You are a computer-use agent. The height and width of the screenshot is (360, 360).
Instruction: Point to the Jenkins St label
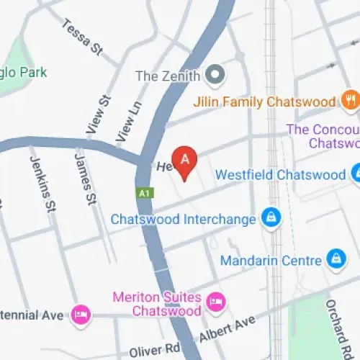41,186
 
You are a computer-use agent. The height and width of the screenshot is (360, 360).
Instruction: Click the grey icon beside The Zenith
215,73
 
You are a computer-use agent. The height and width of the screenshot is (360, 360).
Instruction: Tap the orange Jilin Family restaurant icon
351,101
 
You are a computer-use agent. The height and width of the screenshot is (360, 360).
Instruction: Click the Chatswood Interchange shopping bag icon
271,219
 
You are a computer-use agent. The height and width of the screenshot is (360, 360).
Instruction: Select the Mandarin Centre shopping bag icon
336,258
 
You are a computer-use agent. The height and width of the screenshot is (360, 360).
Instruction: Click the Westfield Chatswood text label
281,175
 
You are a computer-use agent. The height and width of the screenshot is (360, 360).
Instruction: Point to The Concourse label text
323,136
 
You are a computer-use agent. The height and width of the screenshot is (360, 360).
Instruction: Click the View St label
94,114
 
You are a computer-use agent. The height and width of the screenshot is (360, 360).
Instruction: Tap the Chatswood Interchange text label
183,219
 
